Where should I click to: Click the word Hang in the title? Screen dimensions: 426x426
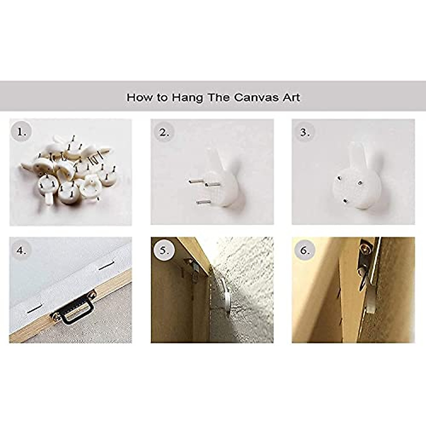point(187,98)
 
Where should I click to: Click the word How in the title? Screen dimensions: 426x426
point(139,98)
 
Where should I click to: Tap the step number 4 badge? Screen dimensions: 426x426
point(21,251)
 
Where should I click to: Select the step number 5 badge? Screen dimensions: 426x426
point(164,251)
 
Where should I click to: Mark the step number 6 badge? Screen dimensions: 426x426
point(305,251)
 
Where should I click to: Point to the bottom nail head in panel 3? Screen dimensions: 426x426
point(345,201)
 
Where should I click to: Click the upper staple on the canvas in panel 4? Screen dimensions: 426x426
point(107,265)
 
